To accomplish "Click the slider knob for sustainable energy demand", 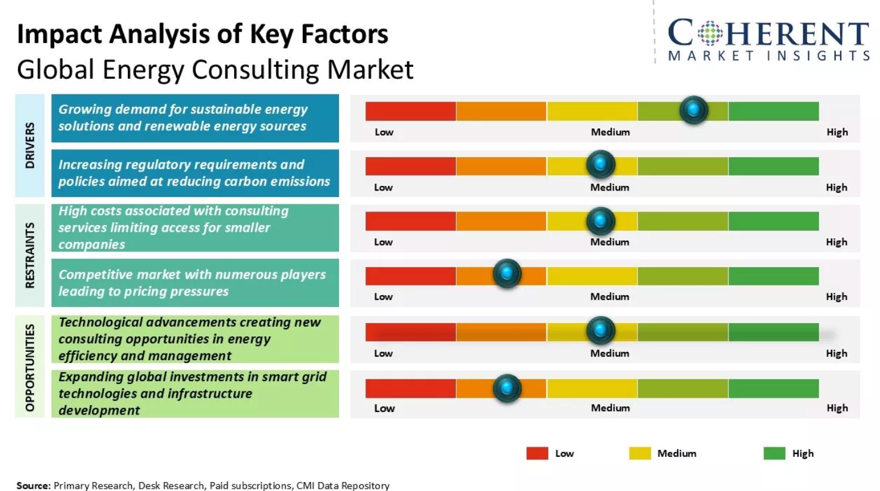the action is point(694,110).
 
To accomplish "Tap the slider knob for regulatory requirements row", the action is point(601,164).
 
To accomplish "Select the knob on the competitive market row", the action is point(507,273).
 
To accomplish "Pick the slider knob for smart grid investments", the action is point(507,388).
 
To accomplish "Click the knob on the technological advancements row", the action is point(601,330).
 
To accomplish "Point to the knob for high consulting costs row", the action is point(601,221).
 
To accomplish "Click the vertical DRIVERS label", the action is point(30,146).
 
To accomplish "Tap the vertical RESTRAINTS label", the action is point(30,255).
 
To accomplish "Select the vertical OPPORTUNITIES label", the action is point(30,367).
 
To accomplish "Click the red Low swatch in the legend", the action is point(537,453).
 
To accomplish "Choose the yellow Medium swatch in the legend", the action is point(640,453).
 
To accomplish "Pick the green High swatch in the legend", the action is point(774,453).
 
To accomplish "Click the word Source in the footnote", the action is point(33,486).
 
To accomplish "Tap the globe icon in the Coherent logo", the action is point(710,33).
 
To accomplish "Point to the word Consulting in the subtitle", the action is point(256,70).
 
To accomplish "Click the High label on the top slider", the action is point(837,132).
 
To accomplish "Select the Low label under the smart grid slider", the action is point(384,409).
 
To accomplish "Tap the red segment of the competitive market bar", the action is point(411,276).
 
